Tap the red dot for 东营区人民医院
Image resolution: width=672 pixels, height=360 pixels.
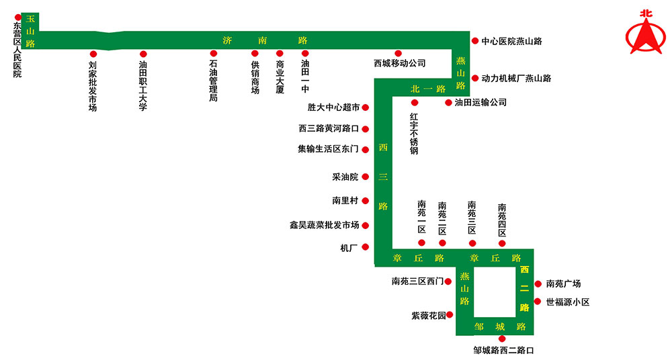click(x=17, y=17)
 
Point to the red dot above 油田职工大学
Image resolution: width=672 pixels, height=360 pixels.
click(x=143, y=54)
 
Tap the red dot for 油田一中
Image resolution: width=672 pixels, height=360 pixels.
click(x=305, y=54)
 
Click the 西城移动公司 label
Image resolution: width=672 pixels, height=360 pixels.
click(x=400, y=64)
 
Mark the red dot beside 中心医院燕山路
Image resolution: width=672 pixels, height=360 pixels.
click(x=475, y=41)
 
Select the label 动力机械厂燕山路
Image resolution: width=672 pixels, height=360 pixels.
click(x=516, y=79)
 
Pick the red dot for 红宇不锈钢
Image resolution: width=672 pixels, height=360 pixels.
click(x=415, y=103)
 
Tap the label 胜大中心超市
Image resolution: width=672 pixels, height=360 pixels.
click(x=333, y=107)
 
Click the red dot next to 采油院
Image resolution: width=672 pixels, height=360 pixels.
click(x=366, y=177)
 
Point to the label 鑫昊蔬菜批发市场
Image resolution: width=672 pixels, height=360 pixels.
click(x=324, y=226)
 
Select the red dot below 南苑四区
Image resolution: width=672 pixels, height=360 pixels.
click(x=502, y=243)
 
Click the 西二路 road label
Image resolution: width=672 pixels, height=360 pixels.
click(x=525, y=288)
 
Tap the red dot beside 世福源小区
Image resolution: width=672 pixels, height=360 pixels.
click(x=538, y=302)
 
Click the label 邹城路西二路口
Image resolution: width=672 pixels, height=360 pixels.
click(x=503, y=351)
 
